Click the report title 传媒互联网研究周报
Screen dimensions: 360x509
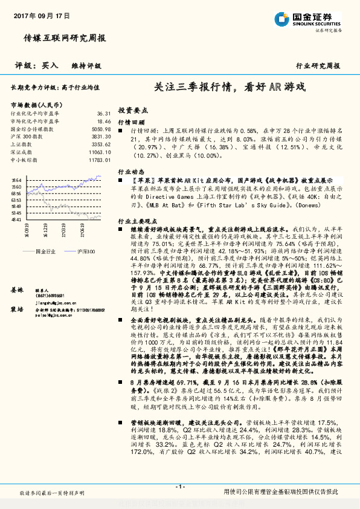[x=65, y=37]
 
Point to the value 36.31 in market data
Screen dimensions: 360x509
[x=103, y=113]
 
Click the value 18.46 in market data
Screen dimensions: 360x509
[x=103, y=121]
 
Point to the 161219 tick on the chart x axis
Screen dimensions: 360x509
[x=45, y=230]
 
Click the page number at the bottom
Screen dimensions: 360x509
[x=179, y=487]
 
